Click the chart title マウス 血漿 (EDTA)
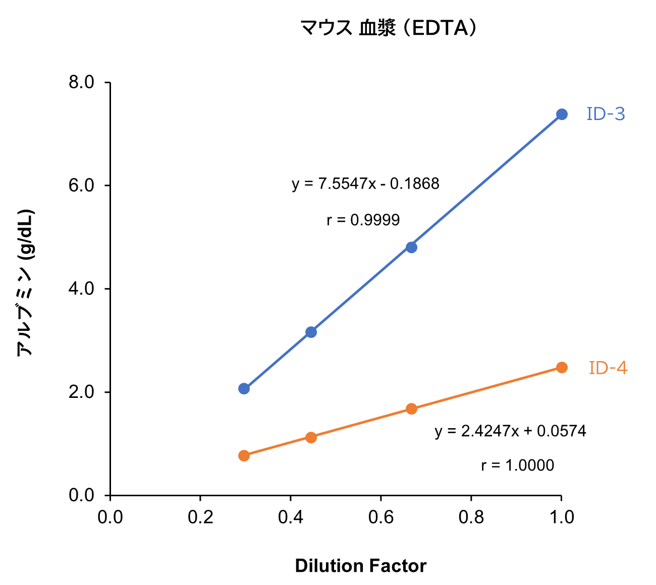(388, 28)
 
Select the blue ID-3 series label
(606, 114)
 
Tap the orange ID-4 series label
(608, 368)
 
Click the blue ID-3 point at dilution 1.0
(562, 114)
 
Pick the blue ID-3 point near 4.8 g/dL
(411, 247)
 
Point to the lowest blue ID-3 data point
(244, 388)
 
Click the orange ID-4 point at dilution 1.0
(562, 367)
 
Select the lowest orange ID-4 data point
(244, 455)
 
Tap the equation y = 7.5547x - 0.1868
(365, 184)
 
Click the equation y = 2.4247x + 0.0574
(510, 431)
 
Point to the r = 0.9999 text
(363, 220)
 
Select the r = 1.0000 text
(517, 465)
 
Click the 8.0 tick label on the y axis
(82, 82)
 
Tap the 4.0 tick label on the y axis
(82, 289)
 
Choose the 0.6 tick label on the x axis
(380, 517)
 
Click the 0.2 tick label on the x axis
(200, 517)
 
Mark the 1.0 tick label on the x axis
(561, 517)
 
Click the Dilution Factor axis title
(360, 566)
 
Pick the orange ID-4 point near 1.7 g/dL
(411, 408)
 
